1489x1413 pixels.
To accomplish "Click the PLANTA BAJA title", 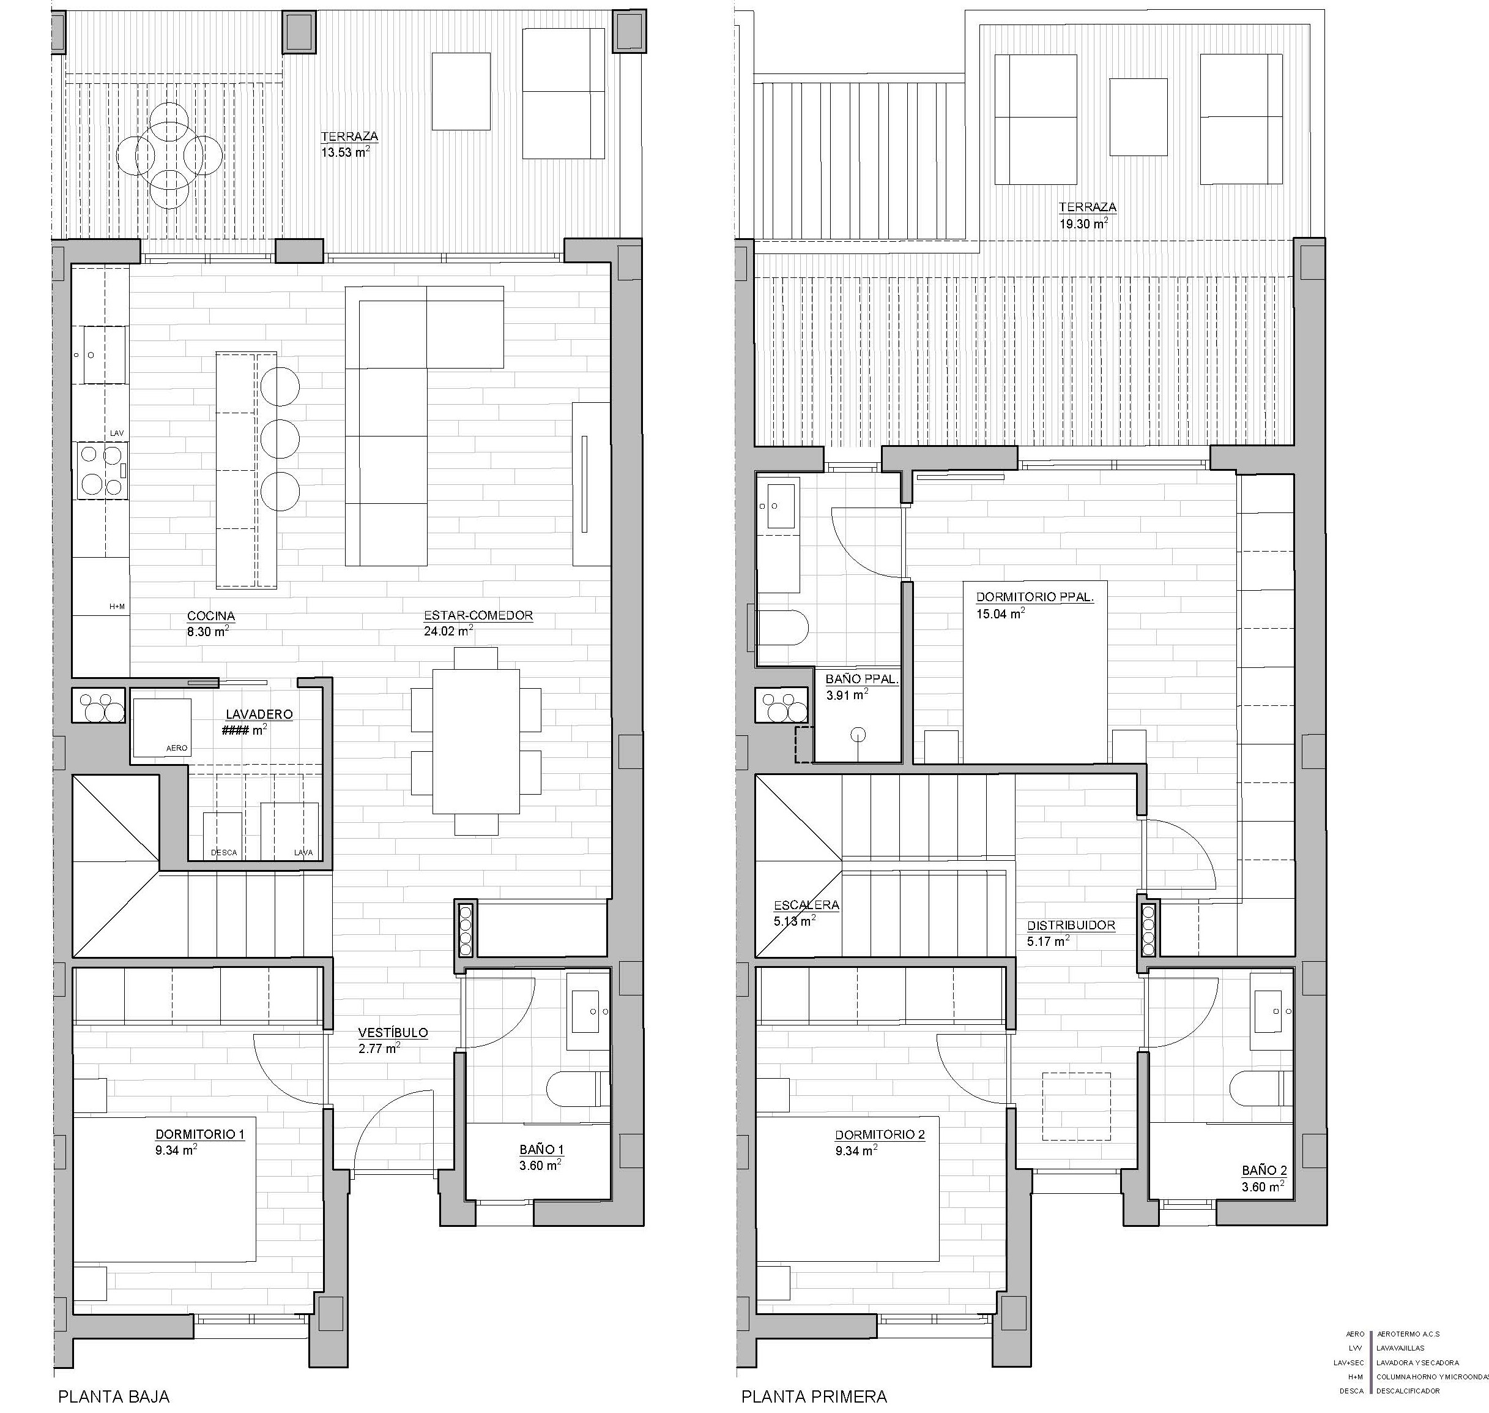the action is point(114,1396).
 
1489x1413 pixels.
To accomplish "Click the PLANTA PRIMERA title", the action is point(814,1396).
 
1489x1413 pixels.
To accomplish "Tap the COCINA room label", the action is point(211,615).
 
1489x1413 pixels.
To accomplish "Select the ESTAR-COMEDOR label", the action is point(478,615).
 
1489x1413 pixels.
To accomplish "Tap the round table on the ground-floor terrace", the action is point(169,156).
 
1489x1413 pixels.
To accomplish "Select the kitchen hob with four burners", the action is point(101,470).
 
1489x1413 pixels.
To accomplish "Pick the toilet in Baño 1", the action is point(577,1089).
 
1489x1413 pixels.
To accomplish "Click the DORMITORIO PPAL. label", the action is point(1035,596).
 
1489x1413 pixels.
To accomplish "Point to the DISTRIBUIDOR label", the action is point(1071,925).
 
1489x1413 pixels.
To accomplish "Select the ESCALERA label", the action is point(806,905).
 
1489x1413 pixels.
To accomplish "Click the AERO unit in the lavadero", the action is point(162,727).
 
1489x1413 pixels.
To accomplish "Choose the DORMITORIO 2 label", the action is point(879,1134).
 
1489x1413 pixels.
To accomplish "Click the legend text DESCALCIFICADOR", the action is point(1408,1390).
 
